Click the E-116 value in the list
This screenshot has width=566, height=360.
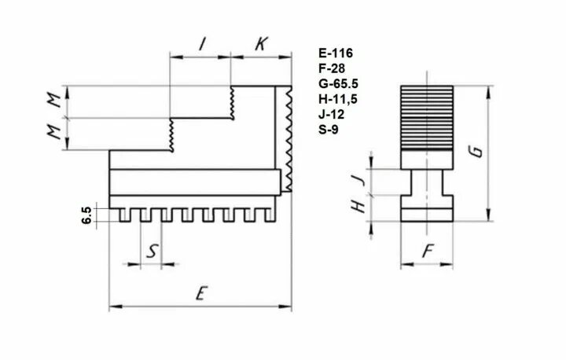coord(336,53)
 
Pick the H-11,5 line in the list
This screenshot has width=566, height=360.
coord(338,99)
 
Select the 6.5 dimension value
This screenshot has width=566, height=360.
coord(86,215)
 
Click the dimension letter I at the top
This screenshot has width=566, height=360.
coord(201,45)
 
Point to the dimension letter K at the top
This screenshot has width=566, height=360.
coord(260,45)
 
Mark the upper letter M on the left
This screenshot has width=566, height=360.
coord(53,101)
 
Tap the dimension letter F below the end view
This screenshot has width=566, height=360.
coord(428,253)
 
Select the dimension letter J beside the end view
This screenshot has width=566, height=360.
coord(361,181)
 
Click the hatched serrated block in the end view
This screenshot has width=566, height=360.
coord(428,117)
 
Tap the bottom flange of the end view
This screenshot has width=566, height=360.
coord(428,215)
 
